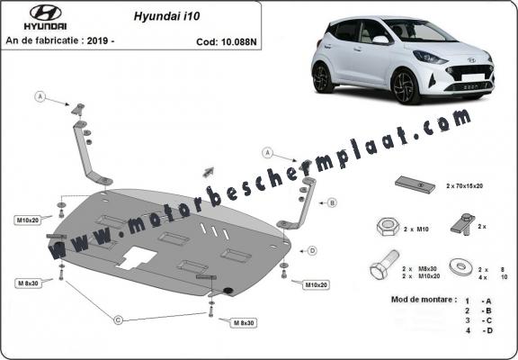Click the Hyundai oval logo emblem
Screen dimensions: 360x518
(29, 13)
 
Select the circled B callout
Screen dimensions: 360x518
(331, 203)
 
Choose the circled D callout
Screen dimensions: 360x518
(312, 250)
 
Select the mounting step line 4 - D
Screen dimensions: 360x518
(475, 331)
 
